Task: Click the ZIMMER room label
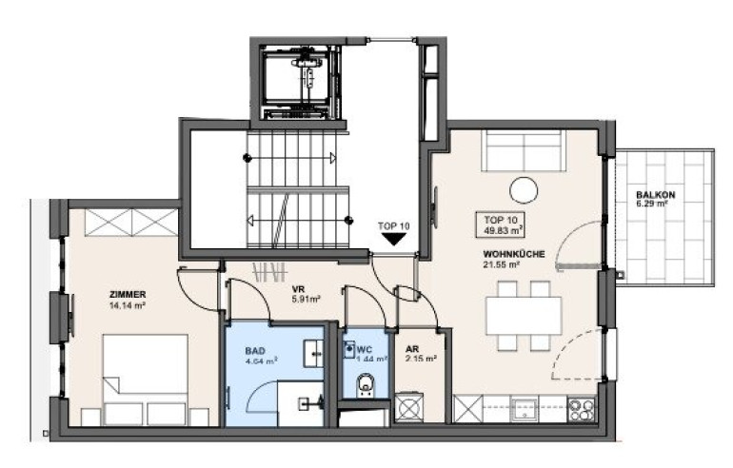point(128,295)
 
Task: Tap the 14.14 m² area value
point(127,306)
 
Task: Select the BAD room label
point(255,351)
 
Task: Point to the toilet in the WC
point(365,386)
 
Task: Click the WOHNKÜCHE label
point(514,255)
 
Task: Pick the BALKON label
point(655,195)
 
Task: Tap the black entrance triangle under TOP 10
point(394,239)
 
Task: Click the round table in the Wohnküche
point(524,190)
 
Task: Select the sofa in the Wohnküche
point(524,150)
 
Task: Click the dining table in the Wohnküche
point(524,315)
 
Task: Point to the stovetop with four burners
point(582,409)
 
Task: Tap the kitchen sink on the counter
point(524,409)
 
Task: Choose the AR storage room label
point(412,349)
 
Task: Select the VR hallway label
point(299,289)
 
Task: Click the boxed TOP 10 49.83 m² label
point(500,224)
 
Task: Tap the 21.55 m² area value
point(502,265)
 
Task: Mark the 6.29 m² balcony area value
point(652,204)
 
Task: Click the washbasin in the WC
point(348,349)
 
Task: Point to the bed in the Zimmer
point(146,380)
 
